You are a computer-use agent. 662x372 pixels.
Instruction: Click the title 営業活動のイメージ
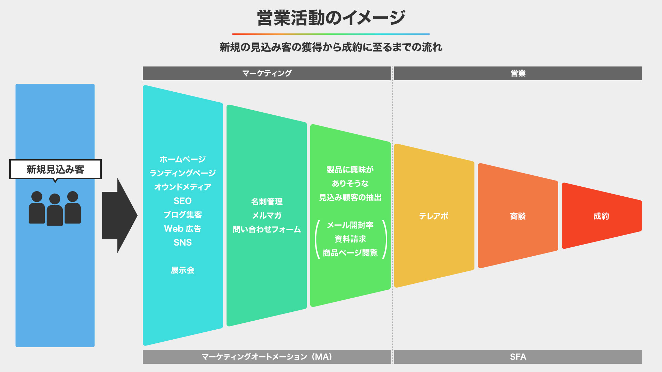[x=331, y=18]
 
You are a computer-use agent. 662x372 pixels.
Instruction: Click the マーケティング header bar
[x=267, y=73]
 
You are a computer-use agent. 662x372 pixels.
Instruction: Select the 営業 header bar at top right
[x=518, y=73]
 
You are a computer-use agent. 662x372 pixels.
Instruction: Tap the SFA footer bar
[x=518, y=357]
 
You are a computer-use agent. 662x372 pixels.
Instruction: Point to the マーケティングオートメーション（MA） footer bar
[x=267, y=357]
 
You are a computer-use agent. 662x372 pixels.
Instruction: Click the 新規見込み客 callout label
[x=55, y=169]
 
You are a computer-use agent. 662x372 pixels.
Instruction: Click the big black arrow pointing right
[x=120, y=216]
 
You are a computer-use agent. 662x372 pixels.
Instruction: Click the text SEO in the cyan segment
[x=182, y=201]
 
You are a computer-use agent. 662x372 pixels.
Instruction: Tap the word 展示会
[x=182, y=270]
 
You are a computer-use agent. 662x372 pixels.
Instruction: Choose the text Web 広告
[x=182, y=229]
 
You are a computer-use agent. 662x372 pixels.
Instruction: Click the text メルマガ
[x=267, y=216]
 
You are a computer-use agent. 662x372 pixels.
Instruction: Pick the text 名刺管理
[x=267, y=201]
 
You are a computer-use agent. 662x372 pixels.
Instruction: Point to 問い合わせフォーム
[x=267, y=229]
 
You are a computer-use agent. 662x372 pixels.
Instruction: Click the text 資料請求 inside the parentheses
[x=350, y=239]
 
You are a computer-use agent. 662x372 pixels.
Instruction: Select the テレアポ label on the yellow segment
[x=434, y=216]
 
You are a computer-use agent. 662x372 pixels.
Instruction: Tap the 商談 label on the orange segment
[x=518, y=216]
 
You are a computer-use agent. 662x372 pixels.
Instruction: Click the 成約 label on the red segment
[x=601, y=216]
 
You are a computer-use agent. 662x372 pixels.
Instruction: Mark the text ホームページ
[x=182, y=159]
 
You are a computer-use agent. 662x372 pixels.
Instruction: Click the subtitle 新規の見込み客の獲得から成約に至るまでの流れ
[x=331, y=47]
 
